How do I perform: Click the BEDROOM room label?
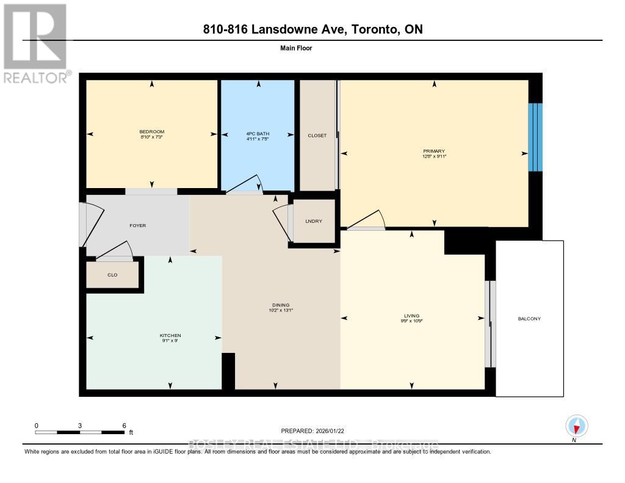click(x=151, y=132)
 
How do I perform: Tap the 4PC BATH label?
click(x=258, y=134)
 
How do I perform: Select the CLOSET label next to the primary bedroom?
click(x=317, y=136)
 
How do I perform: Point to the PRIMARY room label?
click(x=434, y=151)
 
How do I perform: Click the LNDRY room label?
click(x=313, y=221)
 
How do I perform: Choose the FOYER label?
click(x=137, y=225)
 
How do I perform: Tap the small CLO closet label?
click(x=112, y=275)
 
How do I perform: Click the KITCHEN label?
click(x=170, y=335)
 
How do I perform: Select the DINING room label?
click(x=281, y=305)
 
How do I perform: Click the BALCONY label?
click(x=529, y=319)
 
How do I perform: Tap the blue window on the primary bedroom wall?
click(x=535, y=137)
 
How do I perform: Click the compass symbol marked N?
click(x=576, y=426)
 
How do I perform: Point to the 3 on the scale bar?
click(x=80, y=425)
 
